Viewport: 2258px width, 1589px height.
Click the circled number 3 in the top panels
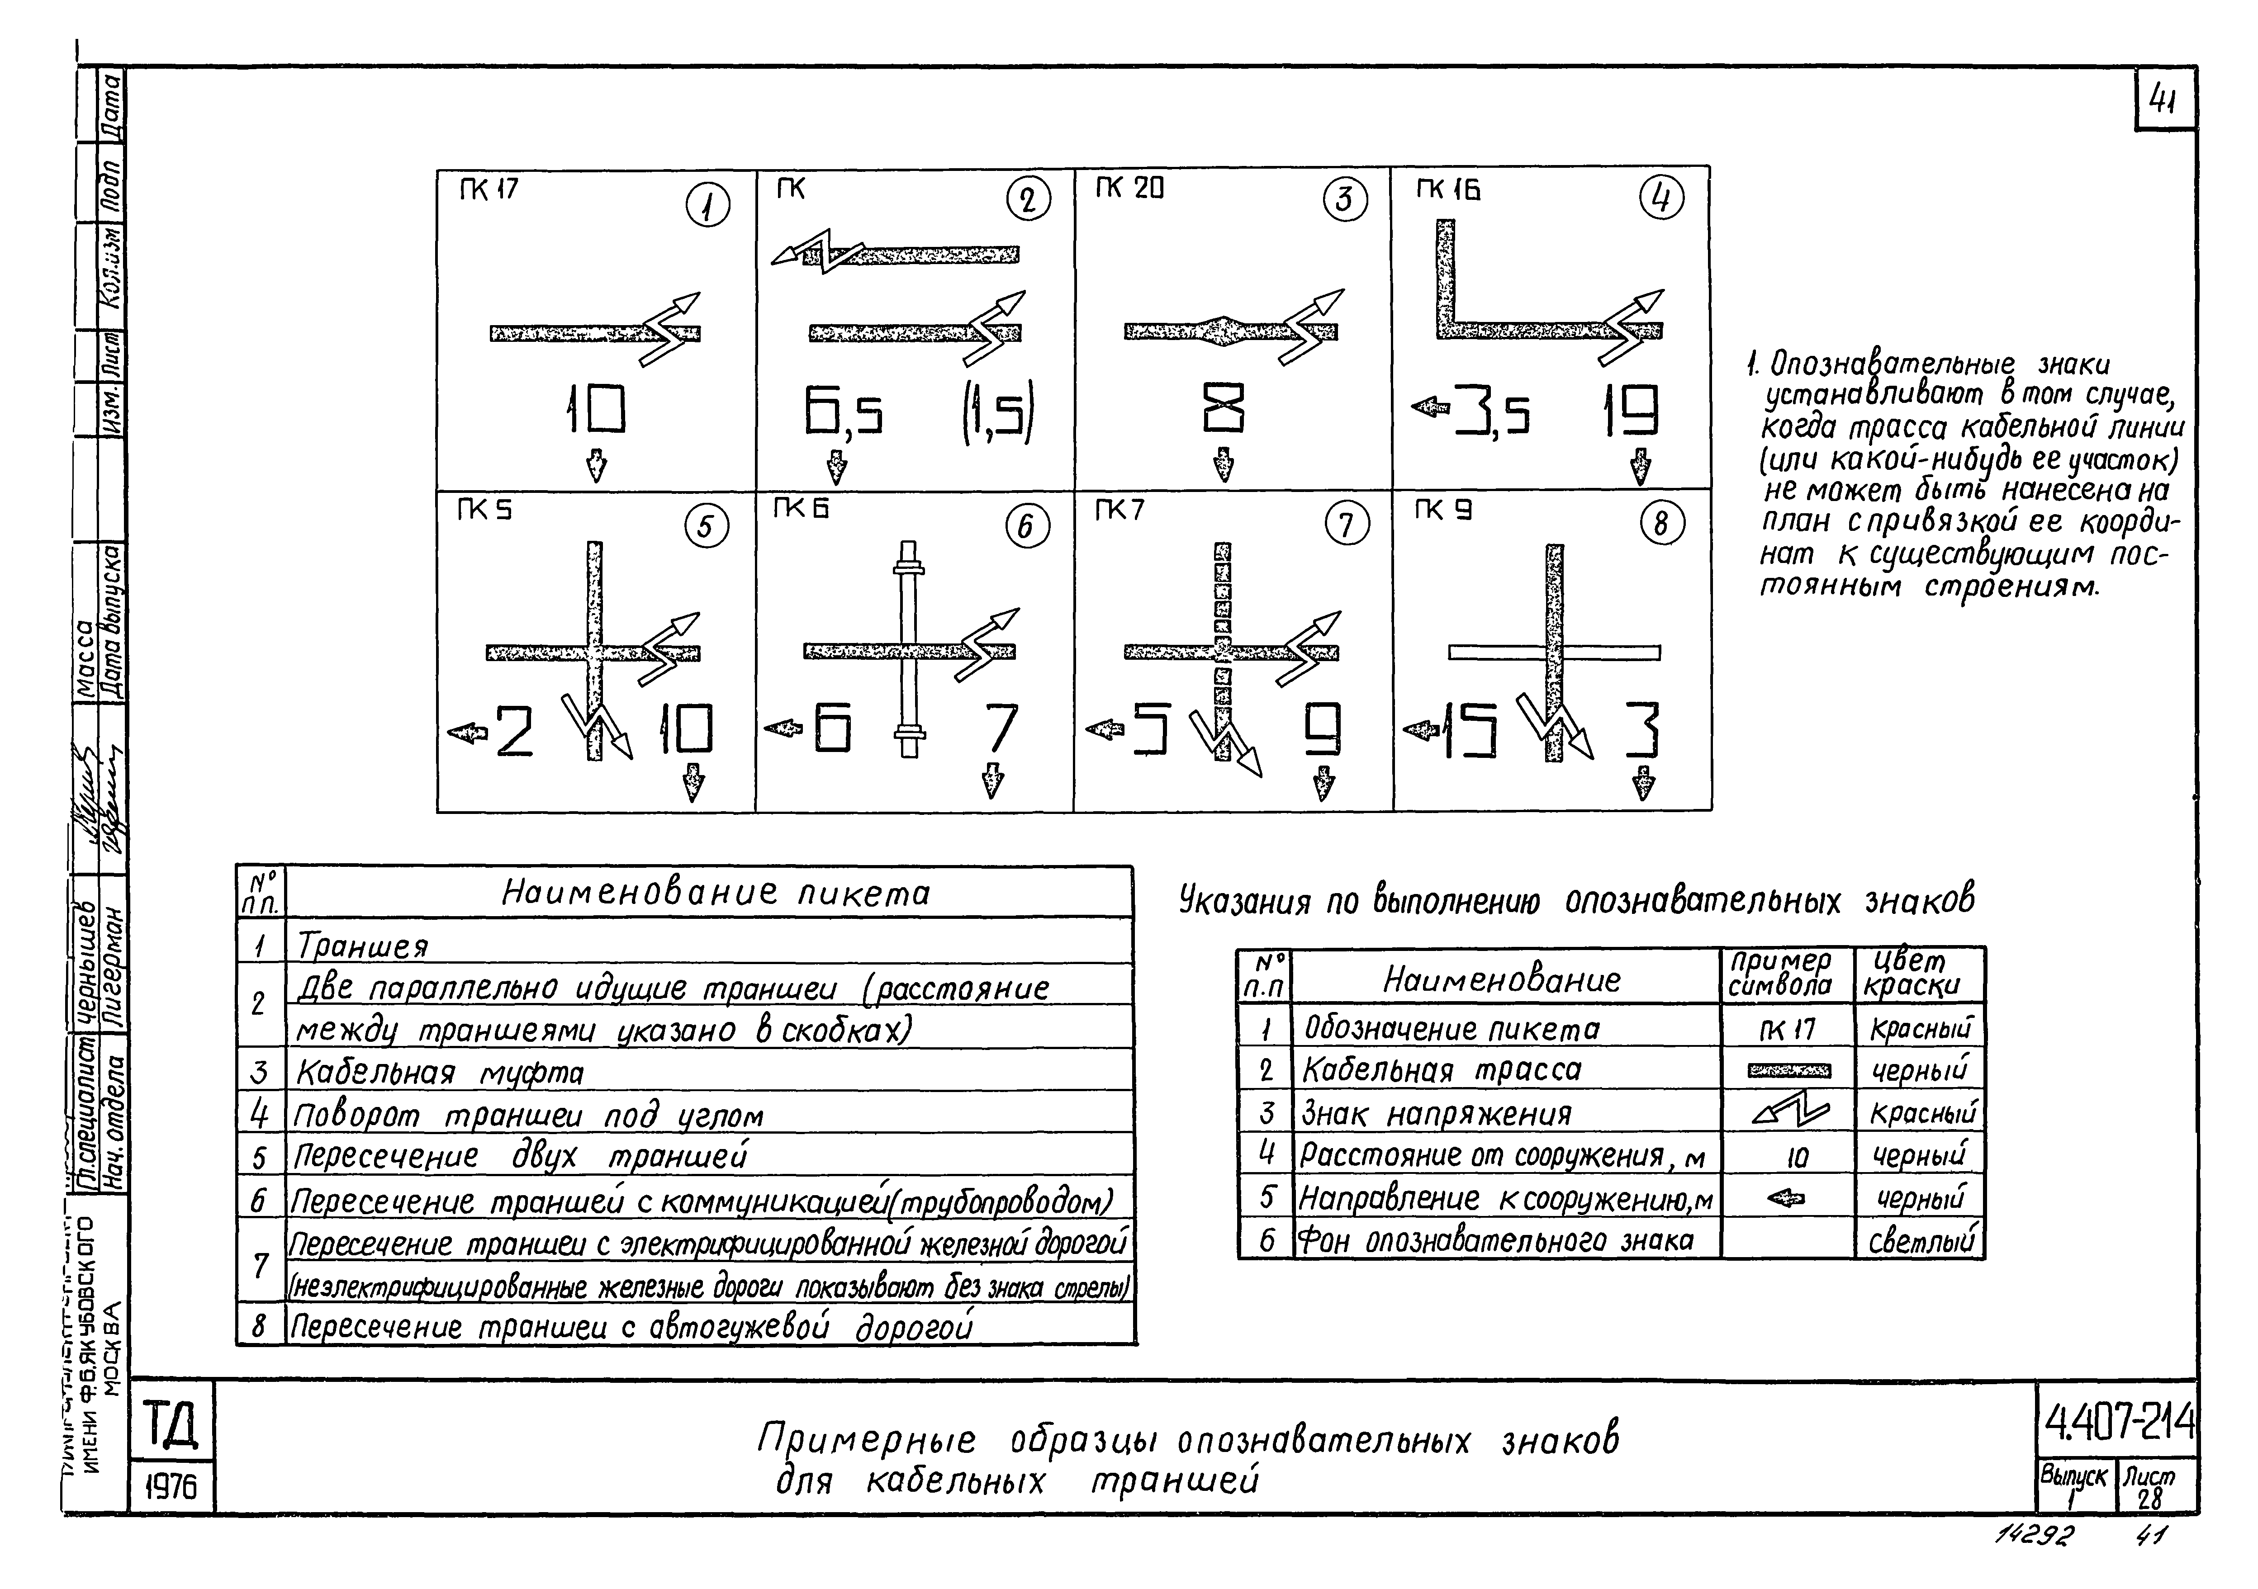pyautogui.click(x=1344, y=201)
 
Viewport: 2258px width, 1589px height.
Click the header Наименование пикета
pyautogui.click(x=715, y=893)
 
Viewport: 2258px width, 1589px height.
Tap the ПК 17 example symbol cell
pyautogui.click(x=1787, y=1030)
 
